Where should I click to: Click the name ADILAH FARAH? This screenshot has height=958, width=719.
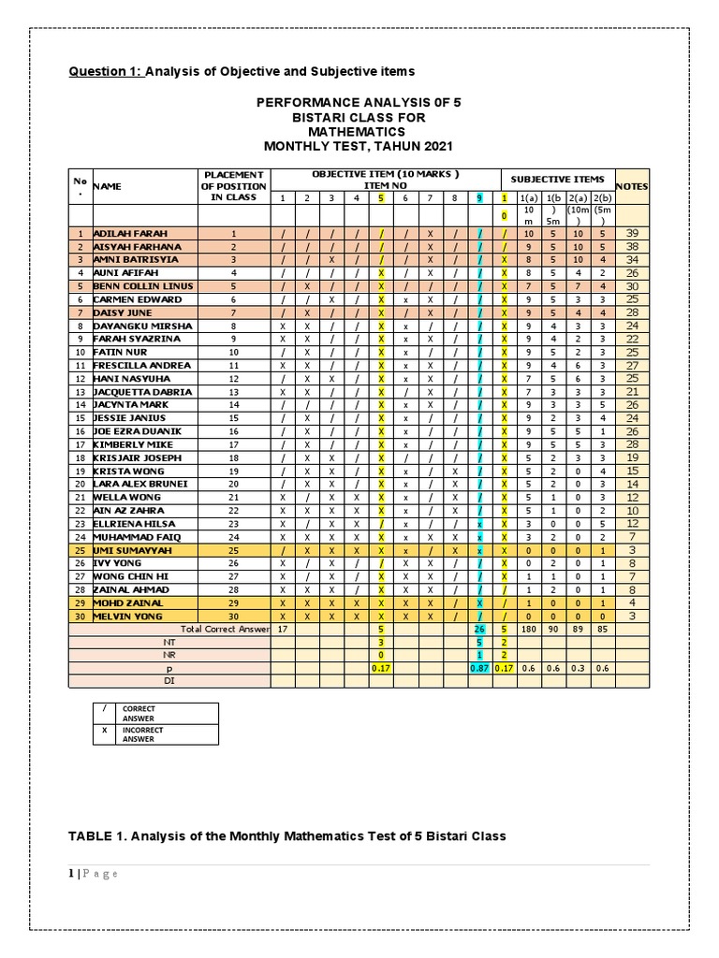(122, 233)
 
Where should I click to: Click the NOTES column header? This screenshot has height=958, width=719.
(632, 186)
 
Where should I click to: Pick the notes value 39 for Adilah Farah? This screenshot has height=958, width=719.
(632, 233)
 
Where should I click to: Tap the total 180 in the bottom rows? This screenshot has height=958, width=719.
(528, 629)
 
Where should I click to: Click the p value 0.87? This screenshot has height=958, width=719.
(479, 668)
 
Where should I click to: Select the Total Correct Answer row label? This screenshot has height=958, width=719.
(224, 629)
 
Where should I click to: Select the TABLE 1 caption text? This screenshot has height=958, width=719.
(286, 835)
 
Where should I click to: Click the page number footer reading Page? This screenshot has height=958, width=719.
(98, 874)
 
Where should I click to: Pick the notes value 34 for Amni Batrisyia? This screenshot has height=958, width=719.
(632, 259)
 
